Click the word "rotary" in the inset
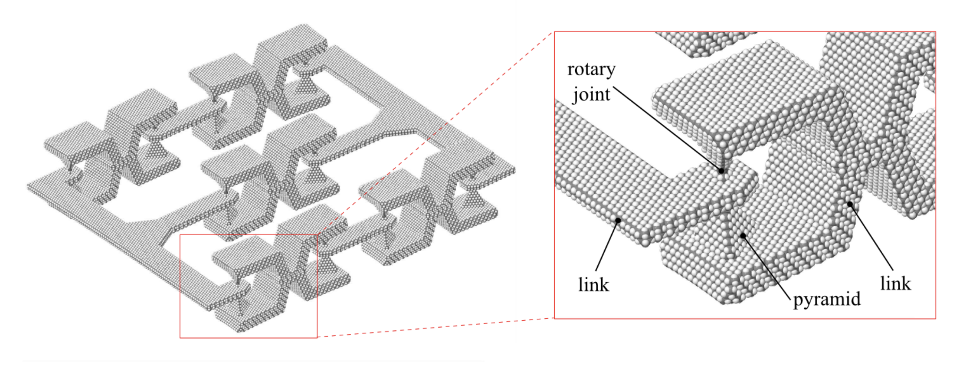(x=591, y=70)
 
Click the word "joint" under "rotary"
(x=591, y=94)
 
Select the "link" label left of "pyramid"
(x=593, y=285)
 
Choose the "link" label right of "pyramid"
(x=895, y=283)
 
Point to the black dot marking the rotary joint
(x=721, y=171)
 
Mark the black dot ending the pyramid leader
(x=743, y=236)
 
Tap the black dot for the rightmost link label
(x=850, y=204)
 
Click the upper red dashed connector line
(x=435, y=135)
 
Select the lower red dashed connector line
(x=435, y=328)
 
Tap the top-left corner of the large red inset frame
(x=555, y=32)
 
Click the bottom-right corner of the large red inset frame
(x=935, y=319)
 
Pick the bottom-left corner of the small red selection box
(x=180, y=337)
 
